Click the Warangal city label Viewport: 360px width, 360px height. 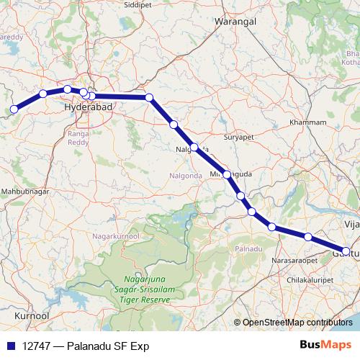pos(235,22)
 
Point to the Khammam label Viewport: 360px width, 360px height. pos(307,122)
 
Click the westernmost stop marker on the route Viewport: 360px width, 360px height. pos(14,110)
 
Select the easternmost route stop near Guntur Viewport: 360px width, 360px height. pos(346,251)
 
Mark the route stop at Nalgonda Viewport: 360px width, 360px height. pos(194,147)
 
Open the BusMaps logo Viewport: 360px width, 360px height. pos(325,345)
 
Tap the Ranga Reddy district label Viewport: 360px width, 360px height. pos(77,138)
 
